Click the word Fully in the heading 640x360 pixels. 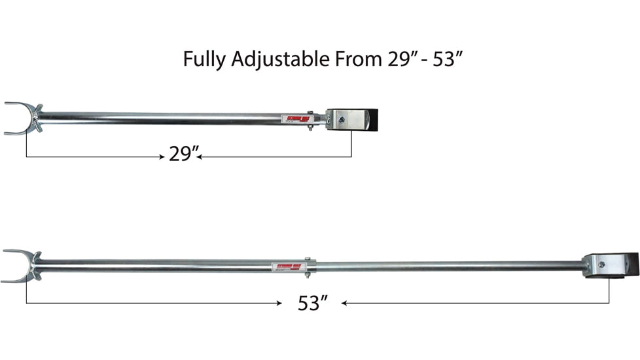coord(205,60)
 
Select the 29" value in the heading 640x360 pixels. coord(398,59)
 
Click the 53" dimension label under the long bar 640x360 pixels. coord(312,303)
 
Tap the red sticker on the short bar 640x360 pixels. coord(294,119)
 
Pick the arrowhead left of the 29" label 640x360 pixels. coord(160,157)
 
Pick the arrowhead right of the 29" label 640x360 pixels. coord(200,157)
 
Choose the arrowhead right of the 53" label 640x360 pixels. coord(345,303)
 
